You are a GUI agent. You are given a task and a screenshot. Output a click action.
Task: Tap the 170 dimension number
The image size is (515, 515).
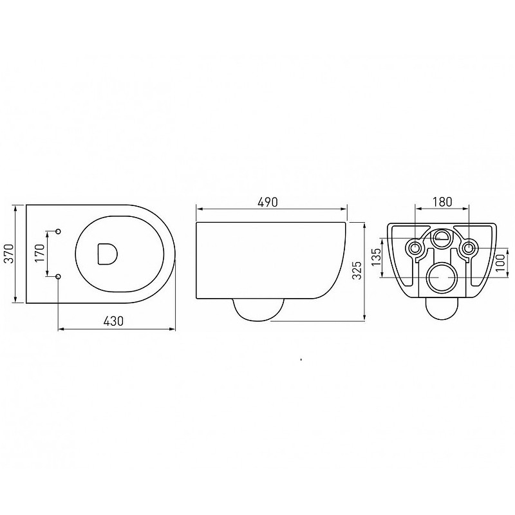[x=40, y=253]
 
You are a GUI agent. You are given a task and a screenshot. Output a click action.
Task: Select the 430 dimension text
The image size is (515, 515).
[x=114, y=321]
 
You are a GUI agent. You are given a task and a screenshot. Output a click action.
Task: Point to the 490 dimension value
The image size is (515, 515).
[x=268, y=202]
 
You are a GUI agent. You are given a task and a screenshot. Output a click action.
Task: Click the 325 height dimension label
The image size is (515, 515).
[x=357, y=270]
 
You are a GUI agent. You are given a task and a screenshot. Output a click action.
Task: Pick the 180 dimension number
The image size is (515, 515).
[x=442, y=201]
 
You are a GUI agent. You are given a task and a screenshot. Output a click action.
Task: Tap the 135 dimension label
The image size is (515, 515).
[x=377, y=257]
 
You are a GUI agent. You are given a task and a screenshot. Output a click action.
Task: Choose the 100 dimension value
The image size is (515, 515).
[x=500, y=263]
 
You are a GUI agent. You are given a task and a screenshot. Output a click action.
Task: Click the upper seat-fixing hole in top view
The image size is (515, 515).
[x=59, y=231]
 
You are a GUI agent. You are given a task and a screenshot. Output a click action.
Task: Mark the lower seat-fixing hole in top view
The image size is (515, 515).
[x=59, y=277]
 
